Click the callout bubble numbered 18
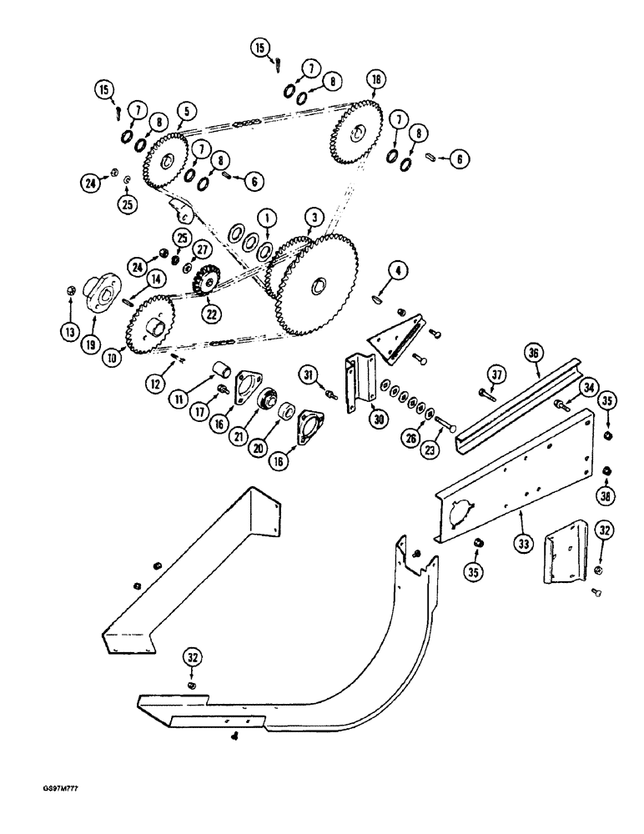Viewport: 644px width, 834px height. point(375,80)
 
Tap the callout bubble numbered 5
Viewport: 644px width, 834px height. point(184,109)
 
